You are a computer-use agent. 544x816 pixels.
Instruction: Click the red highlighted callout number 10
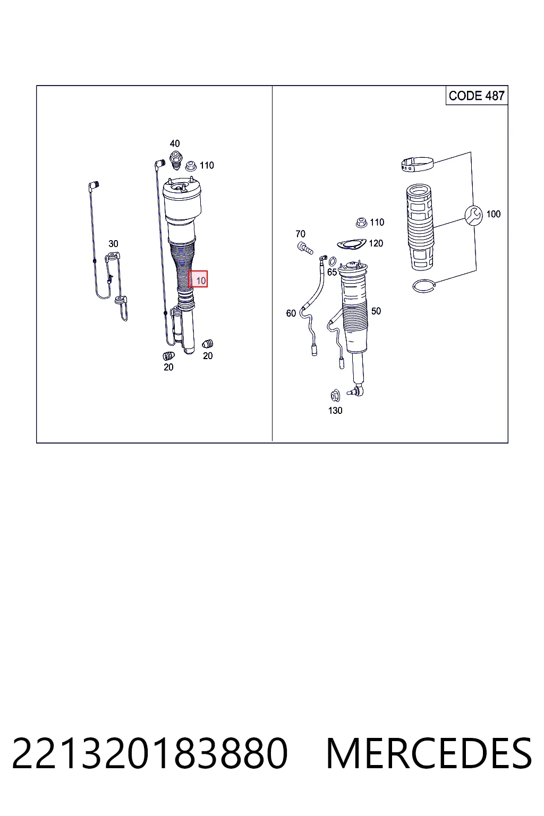pyautogui.click(x=198, y=279)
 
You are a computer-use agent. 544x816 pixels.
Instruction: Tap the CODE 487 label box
pyautogui.click(x=477, y=96)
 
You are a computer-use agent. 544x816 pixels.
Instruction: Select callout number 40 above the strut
pyautogui.click(x=175, y=143)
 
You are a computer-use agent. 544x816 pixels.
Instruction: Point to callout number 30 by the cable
pyautogui.click(x=113, y=244)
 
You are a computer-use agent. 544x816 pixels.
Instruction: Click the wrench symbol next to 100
pyautogui.click(x=474, y=215)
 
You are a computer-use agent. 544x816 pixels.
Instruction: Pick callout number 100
pyautogui.click(x=494, y=214)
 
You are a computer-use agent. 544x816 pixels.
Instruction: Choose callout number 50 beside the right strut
pyautogui.click(x=376, y=311)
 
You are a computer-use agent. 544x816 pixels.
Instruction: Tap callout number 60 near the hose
pyautogui.click(x=291, y=313)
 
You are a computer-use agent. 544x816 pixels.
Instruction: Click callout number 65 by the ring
pyautogui.click(x=332, y=272)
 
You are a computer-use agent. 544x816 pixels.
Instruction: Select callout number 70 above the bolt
pyautogui.click(x=300, y=234)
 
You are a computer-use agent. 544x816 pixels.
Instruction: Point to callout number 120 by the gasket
pyautogui.click(x=376, y=243)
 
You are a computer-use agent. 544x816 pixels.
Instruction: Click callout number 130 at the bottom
pyautogui.click(x=335, y=411)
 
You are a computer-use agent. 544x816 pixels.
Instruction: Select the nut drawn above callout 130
pyautogui.click(x=335, y=396)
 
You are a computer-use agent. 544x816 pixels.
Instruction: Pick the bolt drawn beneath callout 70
pyautogui.click(x=305, y=248)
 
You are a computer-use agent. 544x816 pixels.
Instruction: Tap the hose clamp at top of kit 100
pyautogui.click(x=418, y=164)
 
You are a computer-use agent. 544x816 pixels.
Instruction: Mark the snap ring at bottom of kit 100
pyautogui.click(x=424, y=286)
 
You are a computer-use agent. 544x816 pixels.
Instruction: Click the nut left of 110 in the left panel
pyautogui.click(x=191, y=166)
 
